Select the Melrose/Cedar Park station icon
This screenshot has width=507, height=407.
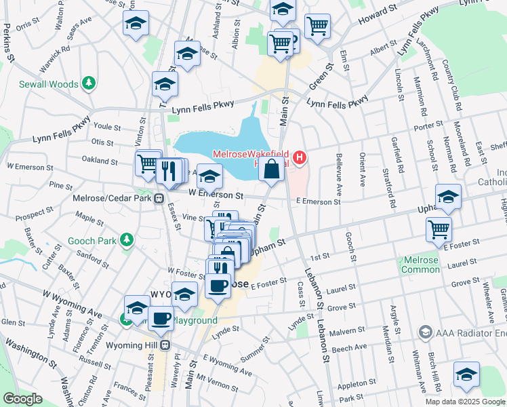(158, 199)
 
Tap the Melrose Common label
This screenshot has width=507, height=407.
(421, 265)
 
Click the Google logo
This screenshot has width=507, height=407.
(22, 399)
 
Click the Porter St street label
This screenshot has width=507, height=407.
(428, 124)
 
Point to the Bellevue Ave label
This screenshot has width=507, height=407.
(338, 170)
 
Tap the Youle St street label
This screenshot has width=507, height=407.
(106, 127)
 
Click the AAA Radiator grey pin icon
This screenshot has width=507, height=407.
(425, 332)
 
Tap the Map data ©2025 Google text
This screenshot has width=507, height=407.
(464, 401)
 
